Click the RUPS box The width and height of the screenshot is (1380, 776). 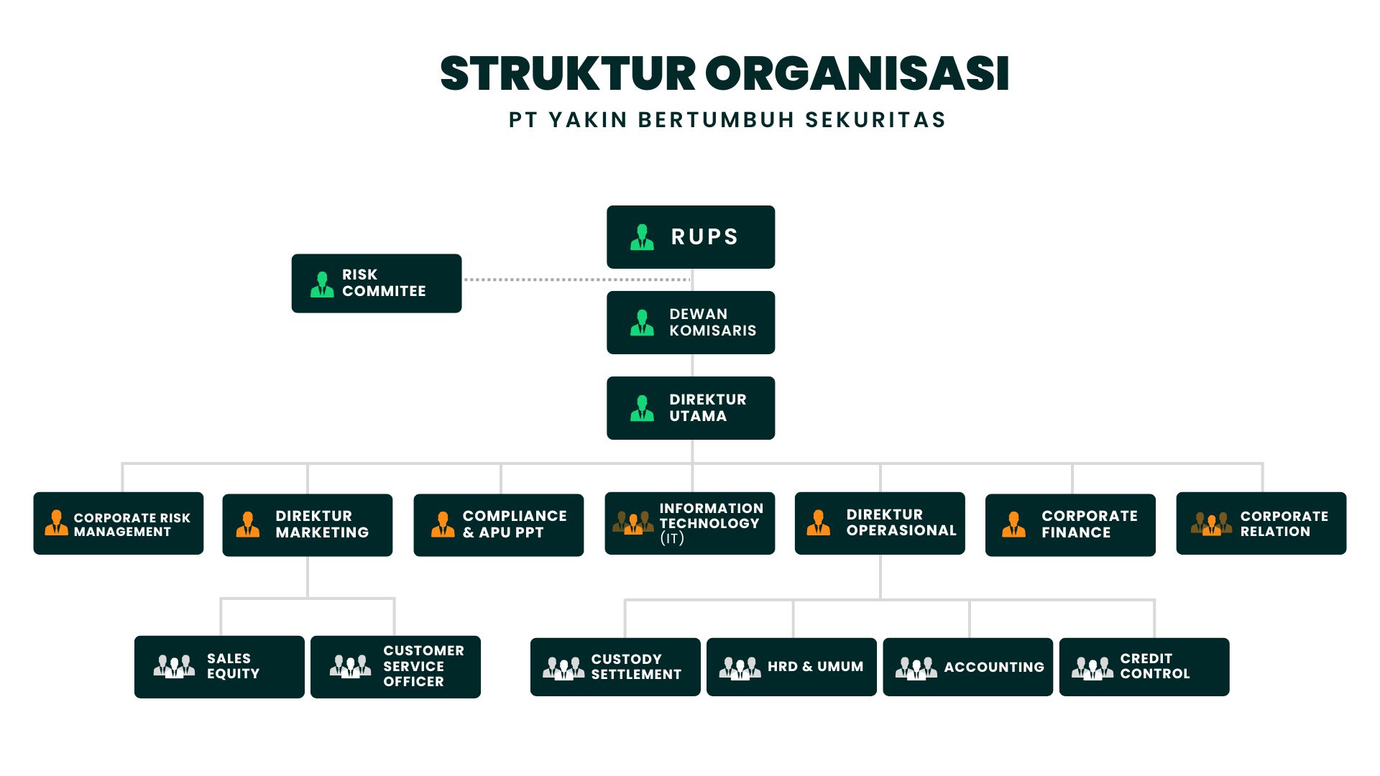tap(691, 237)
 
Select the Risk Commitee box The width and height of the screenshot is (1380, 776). tap(376, 283)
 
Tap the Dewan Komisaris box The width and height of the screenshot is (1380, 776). tap(691, 323)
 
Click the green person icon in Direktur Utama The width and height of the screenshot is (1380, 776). tap(642, 408)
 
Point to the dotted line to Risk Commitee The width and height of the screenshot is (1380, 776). tap(575, 280)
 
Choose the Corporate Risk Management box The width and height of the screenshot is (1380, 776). tap(119, 524)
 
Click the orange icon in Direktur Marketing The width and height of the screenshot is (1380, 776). tap(248, 525)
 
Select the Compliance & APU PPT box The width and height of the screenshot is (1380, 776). tap(498, 525)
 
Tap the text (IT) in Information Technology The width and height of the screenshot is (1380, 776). tap(672, 538)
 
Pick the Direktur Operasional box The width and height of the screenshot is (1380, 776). tap(880, 523)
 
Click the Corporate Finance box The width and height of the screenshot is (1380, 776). tap(1070, 525)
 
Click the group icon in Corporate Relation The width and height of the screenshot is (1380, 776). tap(1211, 523)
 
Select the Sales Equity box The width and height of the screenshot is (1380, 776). tap(219, 667)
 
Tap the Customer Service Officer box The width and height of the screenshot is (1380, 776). tap(395, 667)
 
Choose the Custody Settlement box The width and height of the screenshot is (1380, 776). tap(615, 667)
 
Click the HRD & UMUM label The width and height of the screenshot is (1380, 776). tap(815, 667)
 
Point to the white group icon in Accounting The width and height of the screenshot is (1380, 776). tap(916, 668)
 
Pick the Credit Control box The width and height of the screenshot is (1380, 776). tap(1144, 667)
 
